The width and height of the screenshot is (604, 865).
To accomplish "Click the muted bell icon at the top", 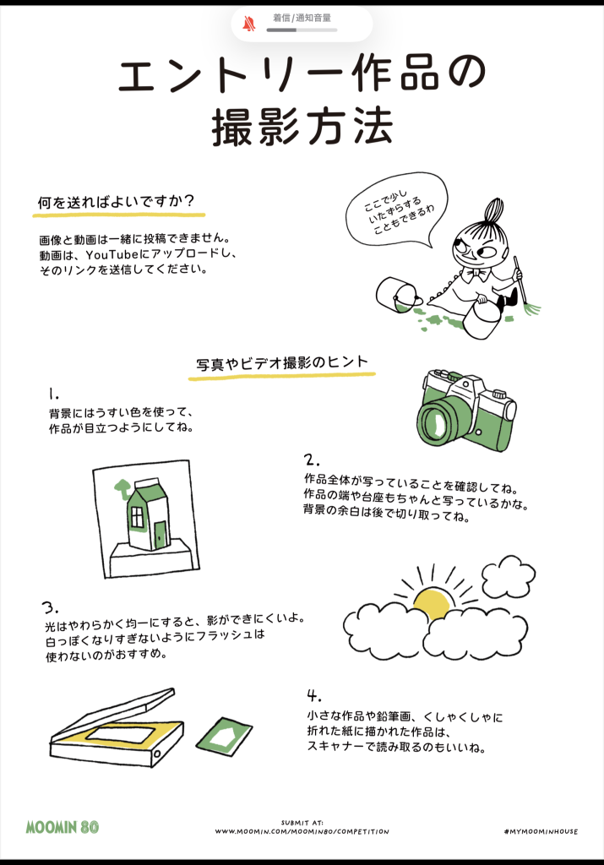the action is point(249,24).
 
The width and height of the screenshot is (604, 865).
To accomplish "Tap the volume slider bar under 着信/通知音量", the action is point(302,30).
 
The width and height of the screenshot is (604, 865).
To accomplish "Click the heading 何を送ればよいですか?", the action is point(116,201).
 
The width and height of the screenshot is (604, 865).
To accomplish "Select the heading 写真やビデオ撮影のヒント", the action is point(282,363).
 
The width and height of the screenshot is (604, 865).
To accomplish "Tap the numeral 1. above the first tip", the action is point(53,394).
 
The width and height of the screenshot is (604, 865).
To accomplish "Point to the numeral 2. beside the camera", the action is point(311,460).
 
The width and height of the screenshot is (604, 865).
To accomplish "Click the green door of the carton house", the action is point(160,535).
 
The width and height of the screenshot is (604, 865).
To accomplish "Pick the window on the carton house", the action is point(136,517).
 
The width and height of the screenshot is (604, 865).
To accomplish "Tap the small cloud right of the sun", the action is point(508,577).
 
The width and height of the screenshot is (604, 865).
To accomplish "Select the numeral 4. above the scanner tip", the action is point(314,695).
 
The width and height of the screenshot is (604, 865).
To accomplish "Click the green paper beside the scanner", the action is point(224,736).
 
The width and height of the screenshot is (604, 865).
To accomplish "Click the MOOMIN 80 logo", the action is point(63,826).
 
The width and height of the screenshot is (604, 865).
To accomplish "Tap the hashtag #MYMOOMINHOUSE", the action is point(541,831).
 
